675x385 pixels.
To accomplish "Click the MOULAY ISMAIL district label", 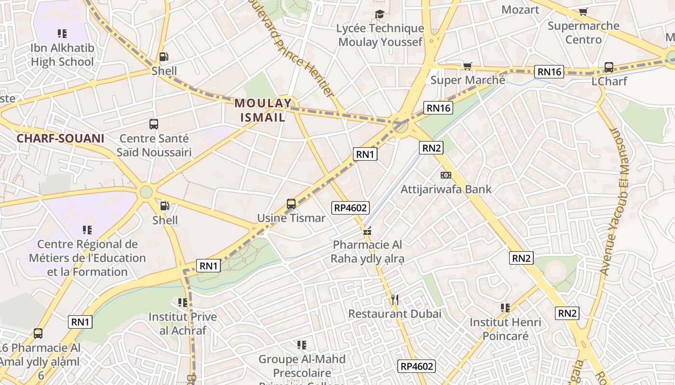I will (263, 110).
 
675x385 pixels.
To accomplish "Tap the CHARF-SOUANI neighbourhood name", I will (60, 139).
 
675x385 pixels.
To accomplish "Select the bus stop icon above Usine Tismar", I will (291, 204).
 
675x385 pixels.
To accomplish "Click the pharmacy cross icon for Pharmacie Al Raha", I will (367, 232).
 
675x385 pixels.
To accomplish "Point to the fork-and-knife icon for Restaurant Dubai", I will (394, 300).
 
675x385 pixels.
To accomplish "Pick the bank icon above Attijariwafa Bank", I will (445, 175).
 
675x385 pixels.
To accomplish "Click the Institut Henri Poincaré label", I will (505, 329).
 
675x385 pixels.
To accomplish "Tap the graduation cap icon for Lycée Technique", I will (380, 14).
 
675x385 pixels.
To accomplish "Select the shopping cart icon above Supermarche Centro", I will (583, 12).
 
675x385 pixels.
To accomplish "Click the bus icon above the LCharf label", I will (609, 67).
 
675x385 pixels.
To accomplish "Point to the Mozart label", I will (520, 10).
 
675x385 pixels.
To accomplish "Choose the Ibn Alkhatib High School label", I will (62, 55).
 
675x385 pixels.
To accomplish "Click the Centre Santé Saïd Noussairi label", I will (154, 145).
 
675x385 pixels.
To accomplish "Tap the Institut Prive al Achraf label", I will (183, 323).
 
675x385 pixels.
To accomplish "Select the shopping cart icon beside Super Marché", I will (467, 66).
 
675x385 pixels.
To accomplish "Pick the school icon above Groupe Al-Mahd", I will (302, 345).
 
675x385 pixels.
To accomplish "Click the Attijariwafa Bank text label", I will (446, 189).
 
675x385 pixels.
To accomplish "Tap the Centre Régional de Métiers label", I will (87, 258).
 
